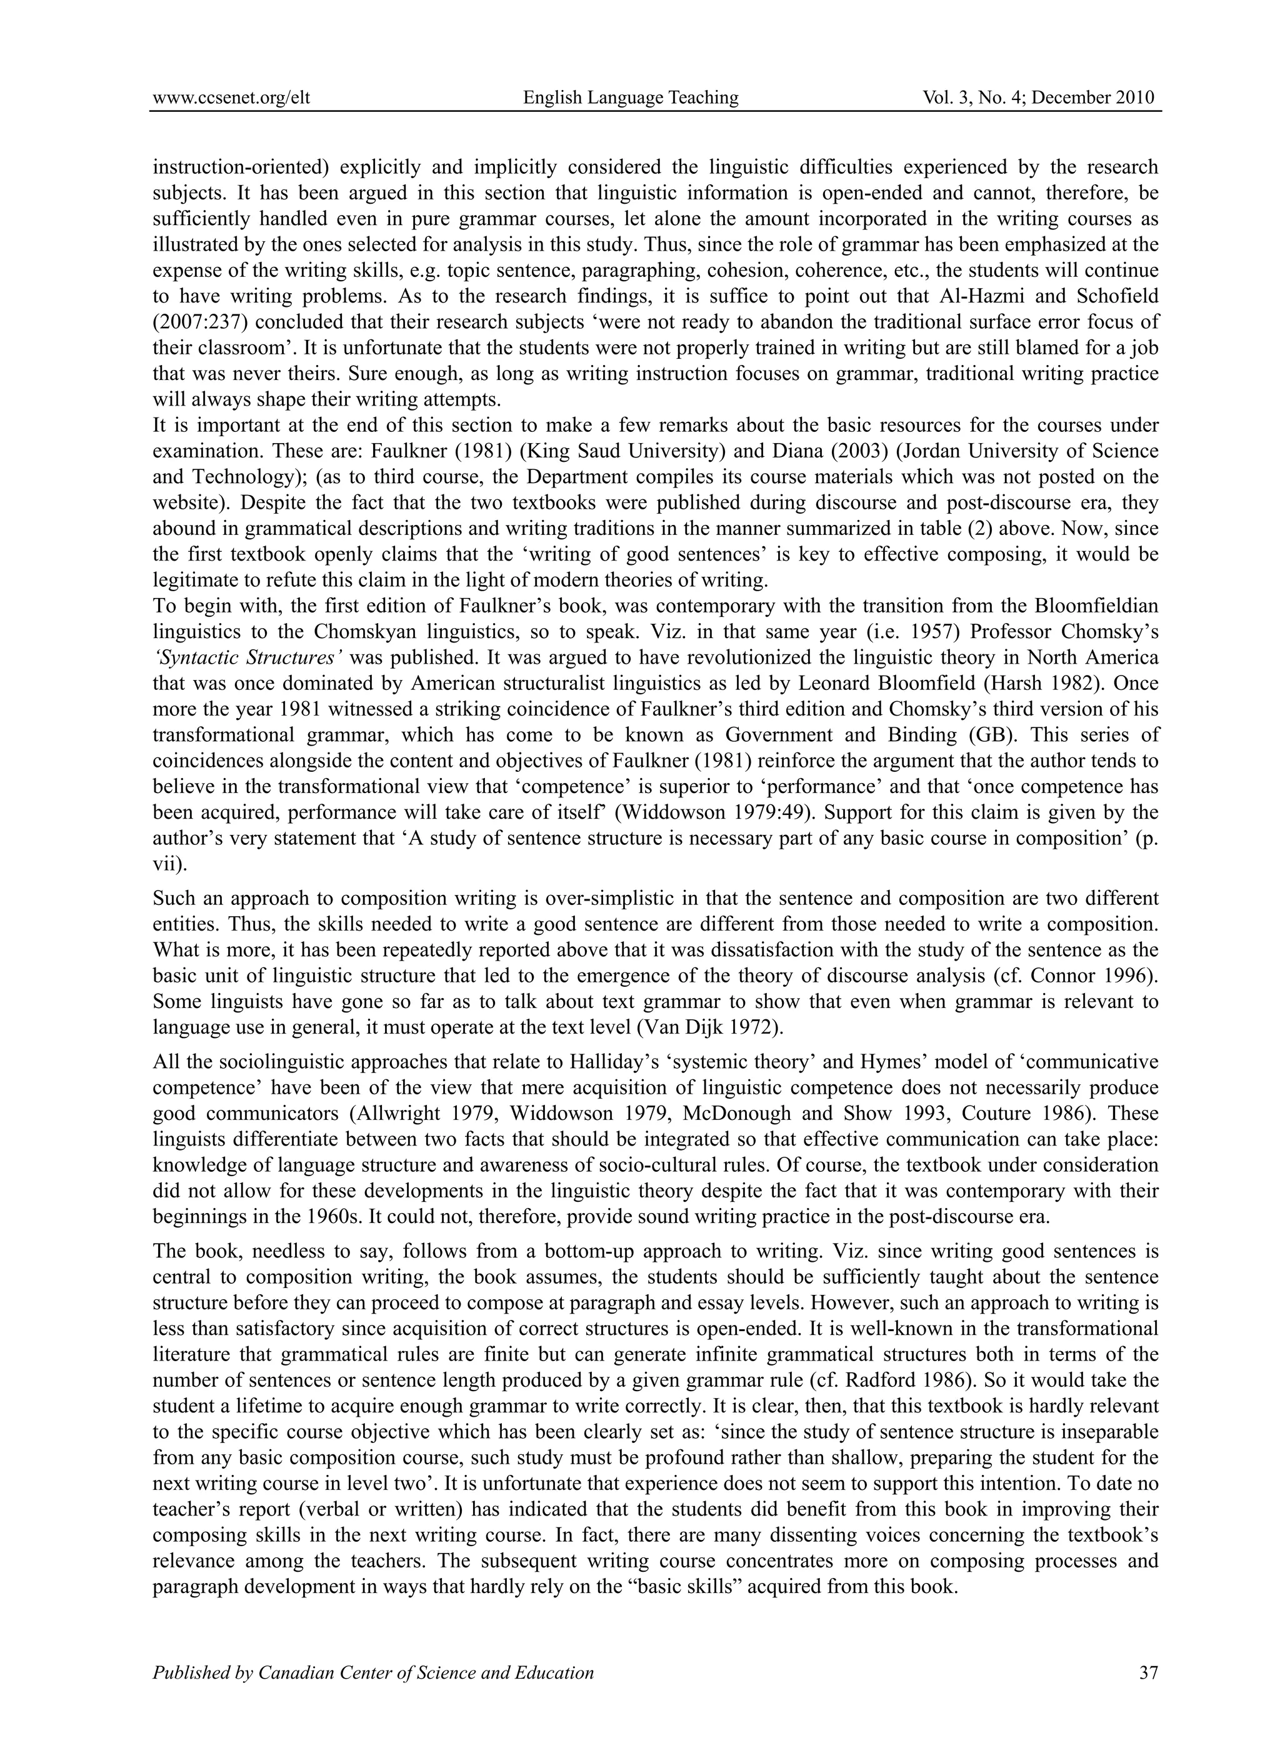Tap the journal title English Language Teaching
coord(631,97)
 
